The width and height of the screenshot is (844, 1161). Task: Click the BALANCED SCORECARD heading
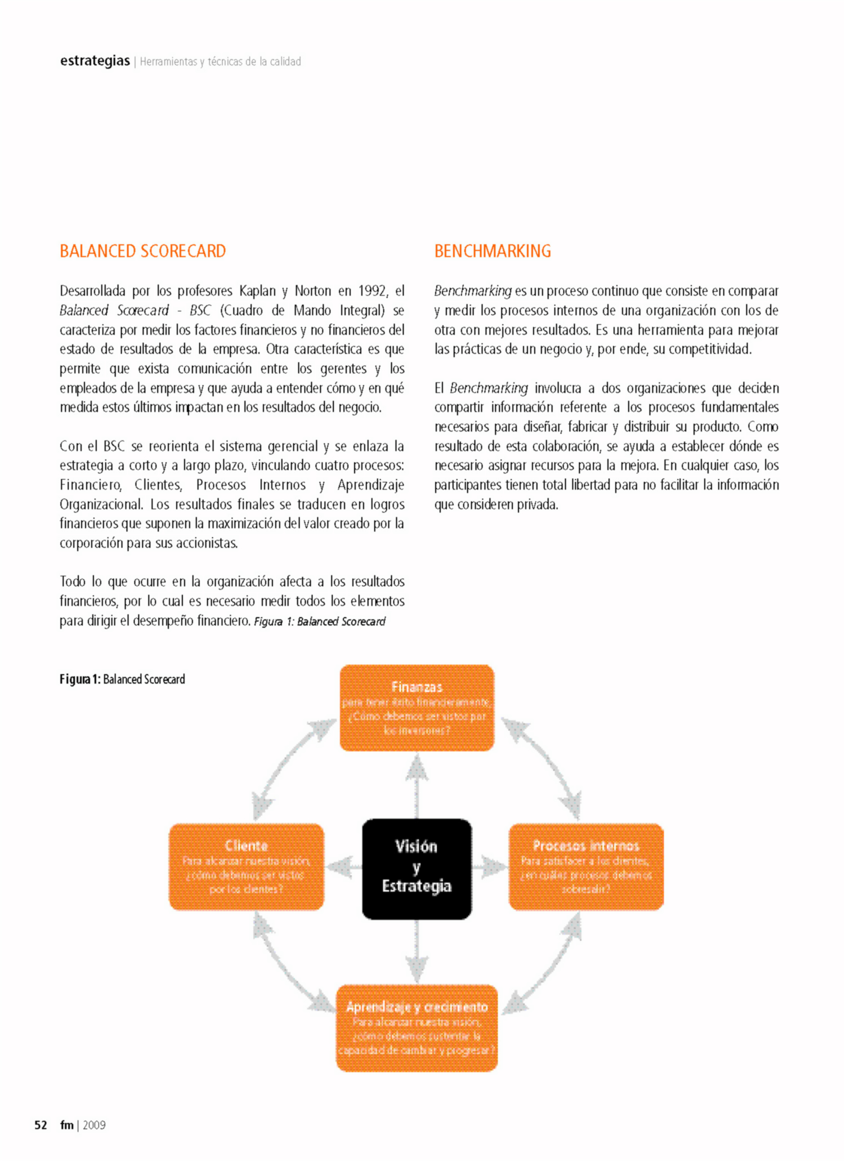click(143, 251)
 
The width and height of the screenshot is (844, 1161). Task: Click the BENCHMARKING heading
click(492, 251)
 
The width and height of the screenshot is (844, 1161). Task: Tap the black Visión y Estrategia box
click(417, 869)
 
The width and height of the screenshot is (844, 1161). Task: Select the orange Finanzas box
click(417, 708)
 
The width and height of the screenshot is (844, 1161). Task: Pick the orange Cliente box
click(246, 866)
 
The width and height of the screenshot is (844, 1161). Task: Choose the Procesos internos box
click(586, 866)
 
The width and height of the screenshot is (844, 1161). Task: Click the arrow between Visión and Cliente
click(343, 868)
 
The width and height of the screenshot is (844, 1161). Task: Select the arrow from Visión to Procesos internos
click(490, 868)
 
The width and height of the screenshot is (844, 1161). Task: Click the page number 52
click(41, 1125)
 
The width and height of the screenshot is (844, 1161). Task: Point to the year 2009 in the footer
click(94, 1125)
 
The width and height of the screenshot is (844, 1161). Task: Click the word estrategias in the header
click(95, 60)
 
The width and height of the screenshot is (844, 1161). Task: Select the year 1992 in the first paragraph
click(373, 291)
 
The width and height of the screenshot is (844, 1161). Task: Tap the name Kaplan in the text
click(258, 291)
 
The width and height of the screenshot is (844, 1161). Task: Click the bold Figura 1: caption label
click(80, 679)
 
